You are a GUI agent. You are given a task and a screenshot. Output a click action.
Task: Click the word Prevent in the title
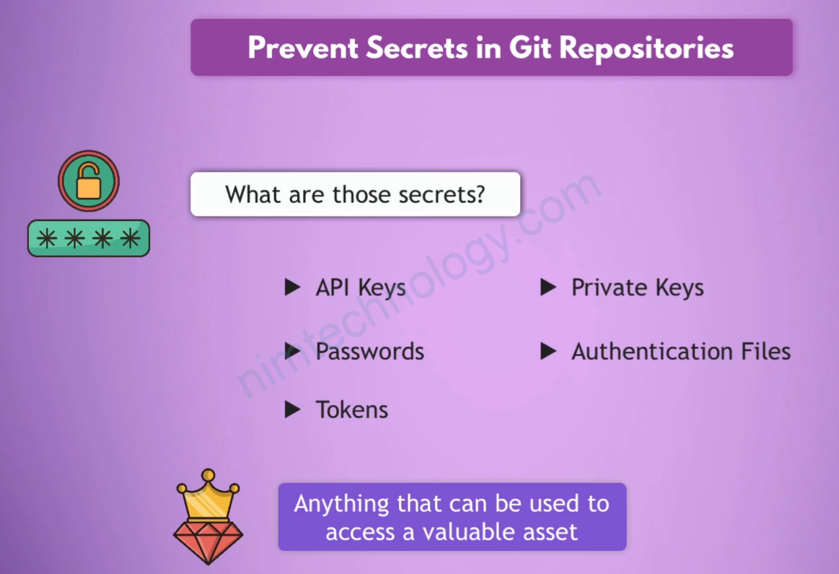303,48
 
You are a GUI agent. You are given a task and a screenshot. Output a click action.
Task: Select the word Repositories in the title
646,48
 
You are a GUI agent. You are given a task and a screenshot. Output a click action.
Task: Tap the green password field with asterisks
89,238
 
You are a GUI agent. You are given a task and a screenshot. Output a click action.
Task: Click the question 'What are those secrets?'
355,194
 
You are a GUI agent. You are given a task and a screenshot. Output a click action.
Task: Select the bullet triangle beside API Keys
292,287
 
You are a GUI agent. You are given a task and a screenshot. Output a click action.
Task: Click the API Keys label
361,288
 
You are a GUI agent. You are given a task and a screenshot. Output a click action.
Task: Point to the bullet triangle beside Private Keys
548,287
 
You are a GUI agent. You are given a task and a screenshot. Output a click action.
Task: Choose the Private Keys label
637,288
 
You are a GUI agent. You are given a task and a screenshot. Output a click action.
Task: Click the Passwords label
370,351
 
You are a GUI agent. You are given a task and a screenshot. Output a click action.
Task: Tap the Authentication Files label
681,351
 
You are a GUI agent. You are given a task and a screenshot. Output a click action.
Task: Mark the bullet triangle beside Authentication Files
548,351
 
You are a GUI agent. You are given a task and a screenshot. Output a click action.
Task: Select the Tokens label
351,409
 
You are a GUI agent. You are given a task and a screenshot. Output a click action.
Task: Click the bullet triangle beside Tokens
292,409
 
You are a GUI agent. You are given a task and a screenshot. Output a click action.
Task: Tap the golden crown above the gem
208,495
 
